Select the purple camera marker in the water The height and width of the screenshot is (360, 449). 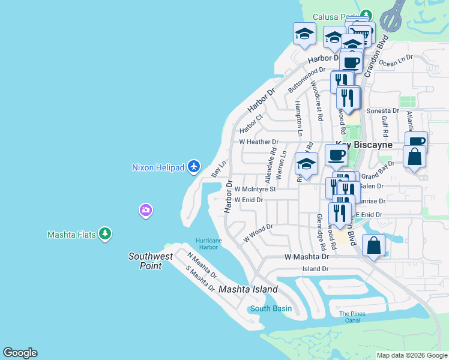click(145, 211)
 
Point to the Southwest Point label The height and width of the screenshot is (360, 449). click(151, 261)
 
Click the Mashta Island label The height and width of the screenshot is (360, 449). click(248, 289)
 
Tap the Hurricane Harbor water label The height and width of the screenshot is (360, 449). click(208, 244)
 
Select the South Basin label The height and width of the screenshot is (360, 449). click(271, 309)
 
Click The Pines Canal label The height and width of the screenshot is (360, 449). click(352, 317)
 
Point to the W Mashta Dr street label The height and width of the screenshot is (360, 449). click(306, 256)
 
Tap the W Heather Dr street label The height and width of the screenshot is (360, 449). click(259, 142)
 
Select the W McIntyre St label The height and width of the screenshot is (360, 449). click(255, 188)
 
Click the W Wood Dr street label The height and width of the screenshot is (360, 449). click(258, 233)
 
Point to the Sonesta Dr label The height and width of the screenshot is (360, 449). click(383, 111)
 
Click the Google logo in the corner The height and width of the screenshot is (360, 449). click(20, 353)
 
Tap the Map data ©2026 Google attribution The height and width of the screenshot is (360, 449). click(411, 355)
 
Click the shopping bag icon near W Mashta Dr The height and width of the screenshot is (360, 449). click(373, 245)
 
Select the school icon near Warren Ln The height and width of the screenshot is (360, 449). click(306, 164)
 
